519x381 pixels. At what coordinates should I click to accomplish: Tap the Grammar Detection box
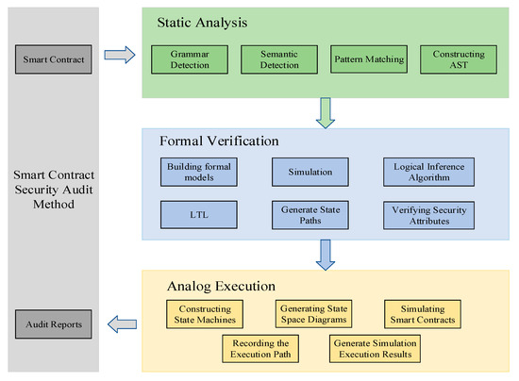(x=188, y=59)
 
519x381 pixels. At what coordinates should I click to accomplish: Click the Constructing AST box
(x=451, y=59)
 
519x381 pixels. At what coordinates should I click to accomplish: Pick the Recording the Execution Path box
(x=261, y=348)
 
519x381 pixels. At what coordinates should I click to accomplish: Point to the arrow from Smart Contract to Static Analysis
(x=119, y=56)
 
